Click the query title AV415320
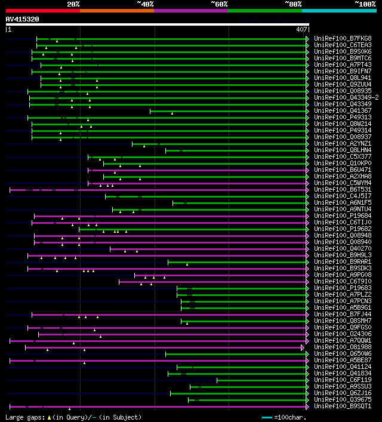click(x=22, y=19)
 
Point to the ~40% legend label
click(x=145, y=4)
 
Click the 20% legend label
click(x=73, y=4)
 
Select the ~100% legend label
click(x=365, y=4)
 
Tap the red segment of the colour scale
click(x=42, y=11)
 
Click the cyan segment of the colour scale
click(x=338, y=11)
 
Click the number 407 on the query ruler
click(x=301, y=29)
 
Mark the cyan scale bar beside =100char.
click(x=267, y=417)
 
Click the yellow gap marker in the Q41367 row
click(x=172, y=113)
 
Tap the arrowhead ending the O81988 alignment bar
click(x=303, y=347)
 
